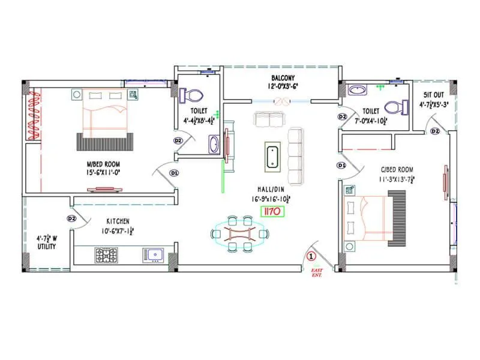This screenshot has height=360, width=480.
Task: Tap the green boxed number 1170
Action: pyautogui.click(x=271, y=211)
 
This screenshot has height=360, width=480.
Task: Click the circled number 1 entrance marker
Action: pyautogui.click(x=311, y=256)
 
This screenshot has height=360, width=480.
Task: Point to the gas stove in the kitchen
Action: pyautogui.click(x=106, y=255)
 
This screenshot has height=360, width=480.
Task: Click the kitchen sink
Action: pyautogui.click(x=154, y=255)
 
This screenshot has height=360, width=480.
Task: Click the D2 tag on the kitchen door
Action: pyautogui.click(x=72, y=218)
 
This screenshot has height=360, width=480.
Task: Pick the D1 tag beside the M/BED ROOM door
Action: pyautogui.click(x=174, y=173)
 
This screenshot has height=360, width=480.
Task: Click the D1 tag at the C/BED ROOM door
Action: pyautogui.click(x=341, y=165)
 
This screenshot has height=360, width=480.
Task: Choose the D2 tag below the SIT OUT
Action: pyautogui.click(x=435, y=131)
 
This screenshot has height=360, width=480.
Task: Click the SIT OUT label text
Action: pyautogui.click(x=433, y=95)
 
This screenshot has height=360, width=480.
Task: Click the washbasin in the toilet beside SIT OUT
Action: pyautogui.click(x=358, y=90)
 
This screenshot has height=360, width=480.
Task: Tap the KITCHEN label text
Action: pyautogui.click(x=118, y=221)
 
